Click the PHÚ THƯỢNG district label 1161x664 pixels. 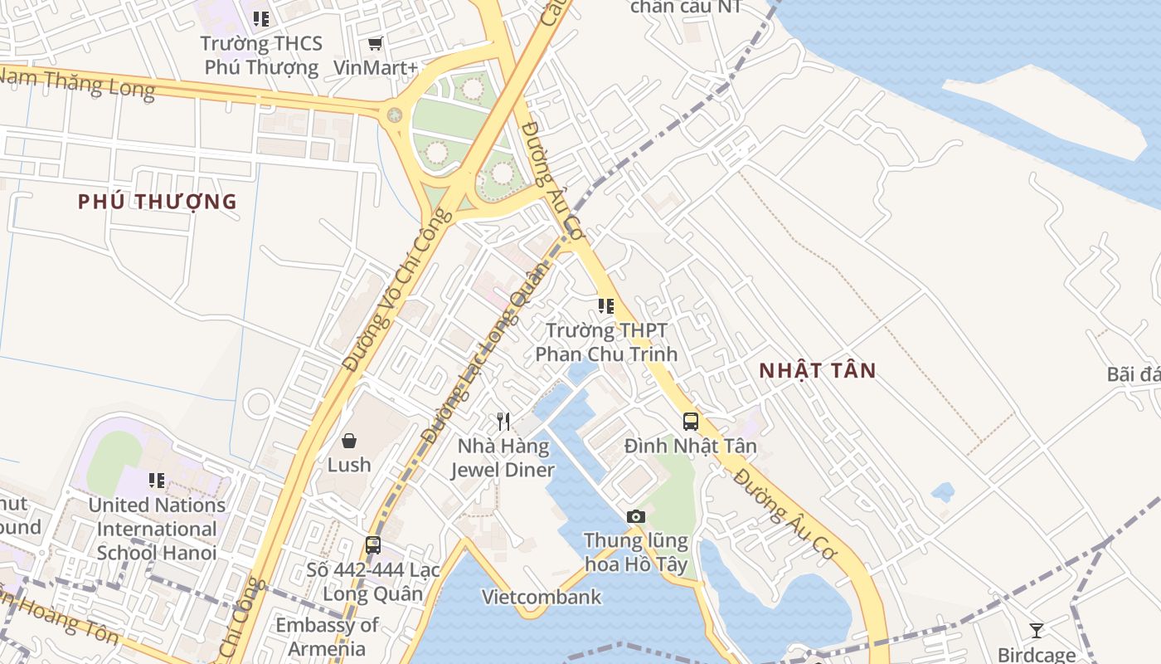pos(158,202)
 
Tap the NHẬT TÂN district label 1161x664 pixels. pos(818,371)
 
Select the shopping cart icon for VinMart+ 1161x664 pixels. pos(376,43)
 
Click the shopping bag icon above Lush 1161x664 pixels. pos(349,441)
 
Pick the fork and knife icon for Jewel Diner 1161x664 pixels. pos(503,422)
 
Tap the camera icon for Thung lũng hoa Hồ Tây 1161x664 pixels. pos(636,517)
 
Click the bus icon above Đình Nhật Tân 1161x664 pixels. pos(691,422)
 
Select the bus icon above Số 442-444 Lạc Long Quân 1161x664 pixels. pos(373,545)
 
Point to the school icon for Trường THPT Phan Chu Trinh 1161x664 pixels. pos(606,306)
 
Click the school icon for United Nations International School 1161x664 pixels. pos(157,480)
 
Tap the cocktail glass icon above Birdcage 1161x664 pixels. pos(1036,631)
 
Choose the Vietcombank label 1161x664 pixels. pos(542,597)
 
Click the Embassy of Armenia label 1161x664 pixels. pos(327,637)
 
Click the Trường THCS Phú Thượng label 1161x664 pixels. pos(261,56)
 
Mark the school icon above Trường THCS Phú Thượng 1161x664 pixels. pos(261,18)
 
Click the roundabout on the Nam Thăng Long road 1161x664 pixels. pos(395,115)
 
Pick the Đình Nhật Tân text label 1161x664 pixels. pos(691,447)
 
